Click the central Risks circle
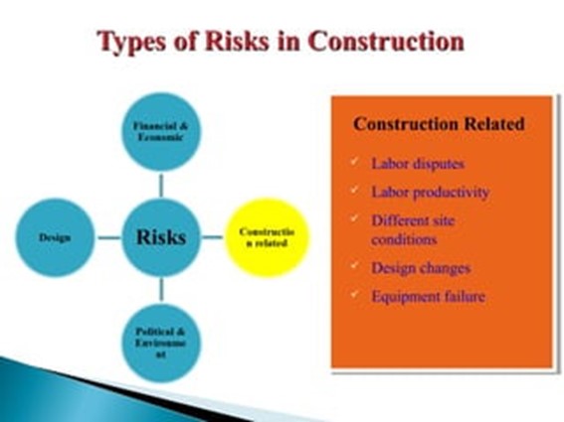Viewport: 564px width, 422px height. click(161, 238)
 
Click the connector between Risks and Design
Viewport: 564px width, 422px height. click(109, 238)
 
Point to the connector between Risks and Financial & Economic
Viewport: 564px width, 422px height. click(161, 186)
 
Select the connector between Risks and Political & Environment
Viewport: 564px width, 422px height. click(161, 289)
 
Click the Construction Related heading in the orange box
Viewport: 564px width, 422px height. click(439, 125)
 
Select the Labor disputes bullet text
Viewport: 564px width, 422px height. click(418, 162)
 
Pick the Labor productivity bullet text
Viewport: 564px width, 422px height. click(431, 191)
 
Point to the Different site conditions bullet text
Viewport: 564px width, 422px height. click(419, 229)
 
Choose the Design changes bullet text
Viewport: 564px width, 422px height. click(421, 267)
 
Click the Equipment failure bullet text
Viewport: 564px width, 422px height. click(429, 296)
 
